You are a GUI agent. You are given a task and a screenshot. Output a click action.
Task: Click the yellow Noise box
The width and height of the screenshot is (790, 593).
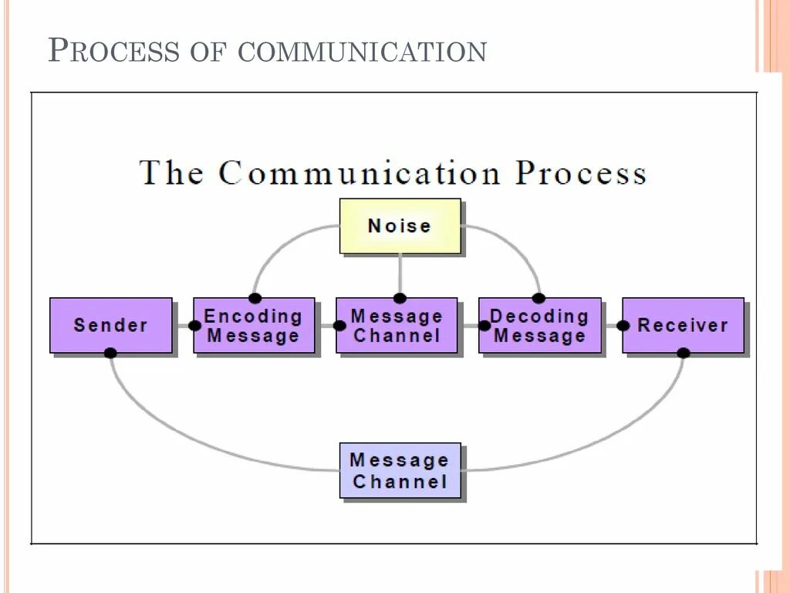coord(400,226)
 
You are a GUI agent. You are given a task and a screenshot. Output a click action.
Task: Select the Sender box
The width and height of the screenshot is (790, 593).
coord(111,325)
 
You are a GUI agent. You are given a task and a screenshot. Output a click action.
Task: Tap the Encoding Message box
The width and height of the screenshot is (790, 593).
coord(254,325)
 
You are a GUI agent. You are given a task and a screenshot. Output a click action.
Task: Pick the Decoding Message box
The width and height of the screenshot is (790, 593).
coord(539,325)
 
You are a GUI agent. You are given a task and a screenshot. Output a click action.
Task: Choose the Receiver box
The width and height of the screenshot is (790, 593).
coord(684,325)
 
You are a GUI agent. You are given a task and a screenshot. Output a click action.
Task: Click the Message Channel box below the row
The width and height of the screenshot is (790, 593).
coord(400,470)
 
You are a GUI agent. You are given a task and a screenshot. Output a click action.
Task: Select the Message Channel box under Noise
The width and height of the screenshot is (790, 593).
coord(397,325)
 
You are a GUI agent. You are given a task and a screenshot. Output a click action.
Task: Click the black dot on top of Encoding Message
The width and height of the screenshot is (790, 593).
coord(255,298)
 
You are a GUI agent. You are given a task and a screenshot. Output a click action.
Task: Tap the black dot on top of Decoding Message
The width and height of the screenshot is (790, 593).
coord(538,298)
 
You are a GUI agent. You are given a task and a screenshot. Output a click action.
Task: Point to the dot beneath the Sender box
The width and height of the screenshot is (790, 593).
coord(110,353)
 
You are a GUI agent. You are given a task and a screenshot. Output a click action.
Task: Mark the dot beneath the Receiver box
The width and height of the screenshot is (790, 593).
coord(683,353)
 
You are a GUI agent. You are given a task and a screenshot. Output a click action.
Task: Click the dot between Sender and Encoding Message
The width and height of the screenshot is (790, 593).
coord(194,326)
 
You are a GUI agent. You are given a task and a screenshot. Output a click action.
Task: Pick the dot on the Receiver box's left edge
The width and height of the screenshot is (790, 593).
coord(623,326)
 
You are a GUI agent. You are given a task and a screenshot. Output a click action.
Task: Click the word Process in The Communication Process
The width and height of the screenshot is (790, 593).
coord(581,171)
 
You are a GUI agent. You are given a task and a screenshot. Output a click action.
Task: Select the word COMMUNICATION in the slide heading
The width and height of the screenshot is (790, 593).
coord(362,52)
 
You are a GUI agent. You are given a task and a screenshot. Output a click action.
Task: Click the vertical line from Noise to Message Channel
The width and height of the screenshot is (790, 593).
coord(400,274)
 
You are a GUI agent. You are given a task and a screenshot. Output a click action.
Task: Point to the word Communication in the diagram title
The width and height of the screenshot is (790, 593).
coord(359,171)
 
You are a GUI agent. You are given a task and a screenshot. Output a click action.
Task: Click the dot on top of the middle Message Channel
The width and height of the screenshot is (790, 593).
coord(400,298)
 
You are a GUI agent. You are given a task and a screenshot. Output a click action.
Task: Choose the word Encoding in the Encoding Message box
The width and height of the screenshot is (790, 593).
coord(253,316)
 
